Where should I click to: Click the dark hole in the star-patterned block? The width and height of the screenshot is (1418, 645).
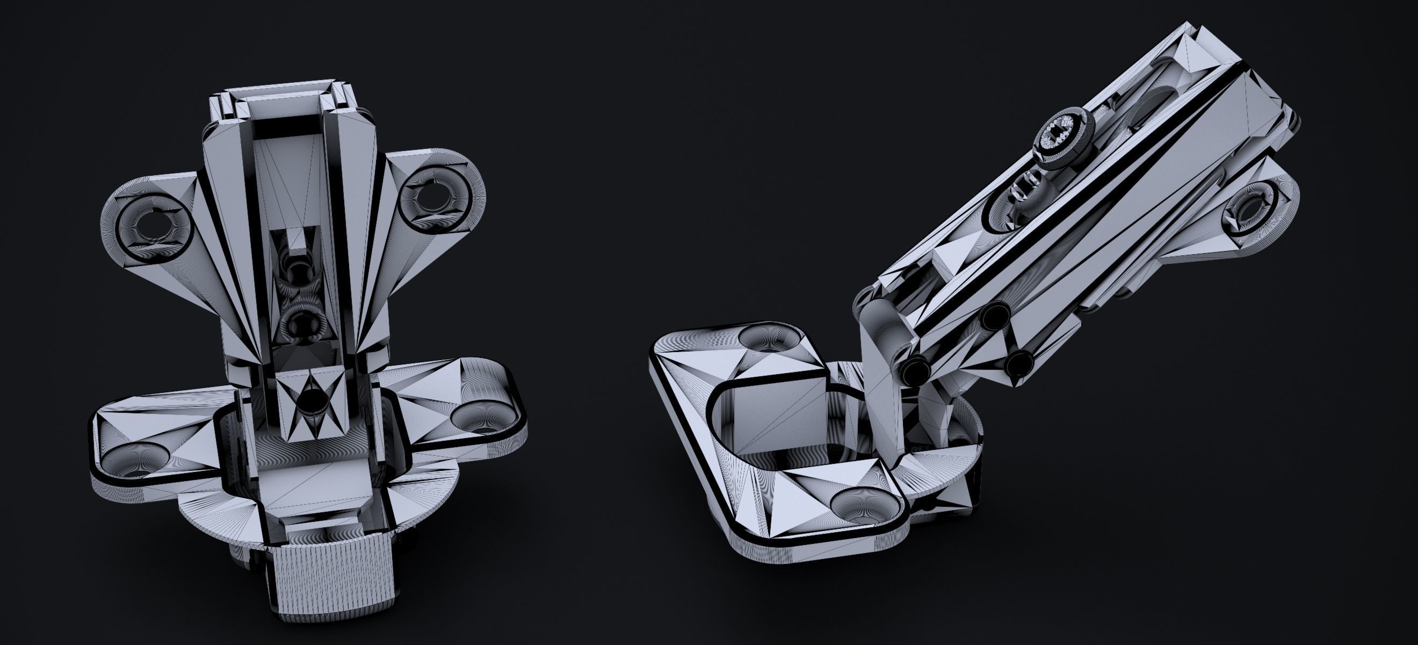(x=313, y=397)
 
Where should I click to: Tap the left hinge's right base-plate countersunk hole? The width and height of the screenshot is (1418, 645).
(x=480, y=418)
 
